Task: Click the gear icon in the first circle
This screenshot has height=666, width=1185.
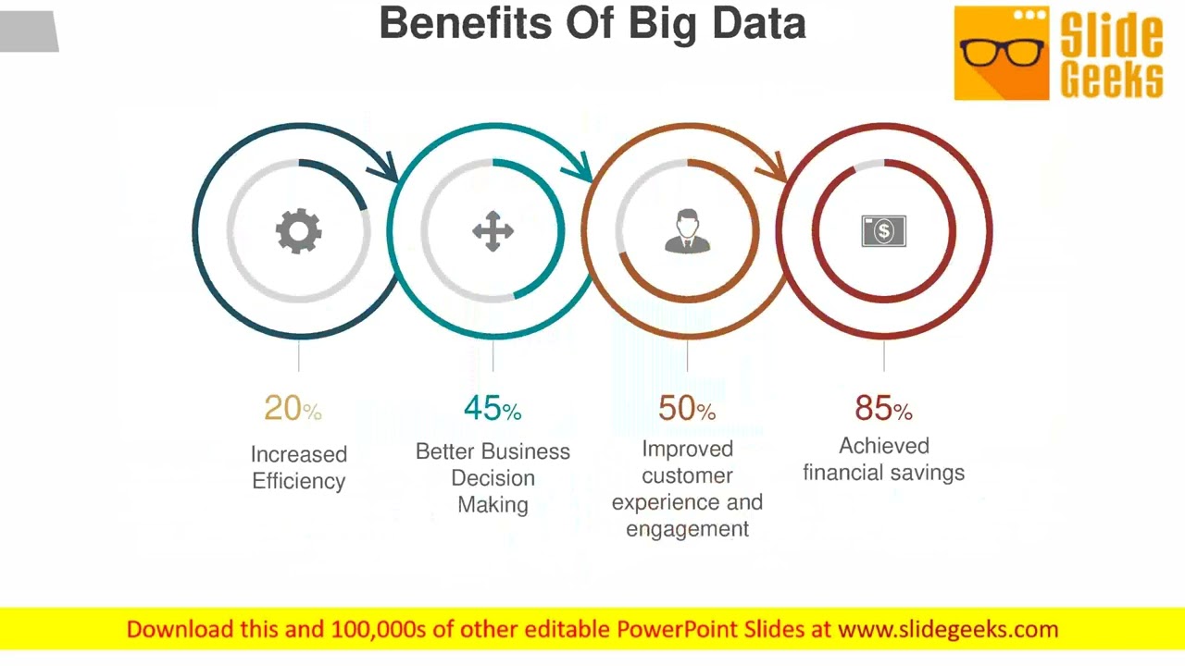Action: click(298, 231)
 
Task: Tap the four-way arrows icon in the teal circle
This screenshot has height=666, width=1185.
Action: click(493, 231)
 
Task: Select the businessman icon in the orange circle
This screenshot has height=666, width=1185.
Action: click(687, 231)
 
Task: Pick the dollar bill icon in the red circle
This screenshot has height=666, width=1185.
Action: click(883, 231)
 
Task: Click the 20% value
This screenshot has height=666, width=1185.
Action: click(293, 408)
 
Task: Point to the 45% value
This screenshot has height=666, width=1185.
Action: click(492, 408)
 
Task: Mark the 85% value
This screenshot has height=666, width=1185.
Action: click(883, 408)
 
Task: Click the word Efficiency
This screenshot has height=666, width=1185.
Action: click(298, 481)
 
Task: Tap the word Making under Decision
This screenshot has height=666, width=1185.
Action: click(493, 505)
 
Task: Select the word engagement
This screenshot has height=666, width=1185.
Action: click(687, 529)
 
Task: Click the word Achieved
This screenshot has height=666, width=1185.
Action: click(883, 446)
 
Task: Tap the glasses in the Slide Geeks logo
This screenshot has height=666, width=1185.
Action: click(1001, 51)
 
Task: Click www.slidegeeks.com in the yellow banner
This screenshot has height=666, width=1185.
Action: click(948, 630)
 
